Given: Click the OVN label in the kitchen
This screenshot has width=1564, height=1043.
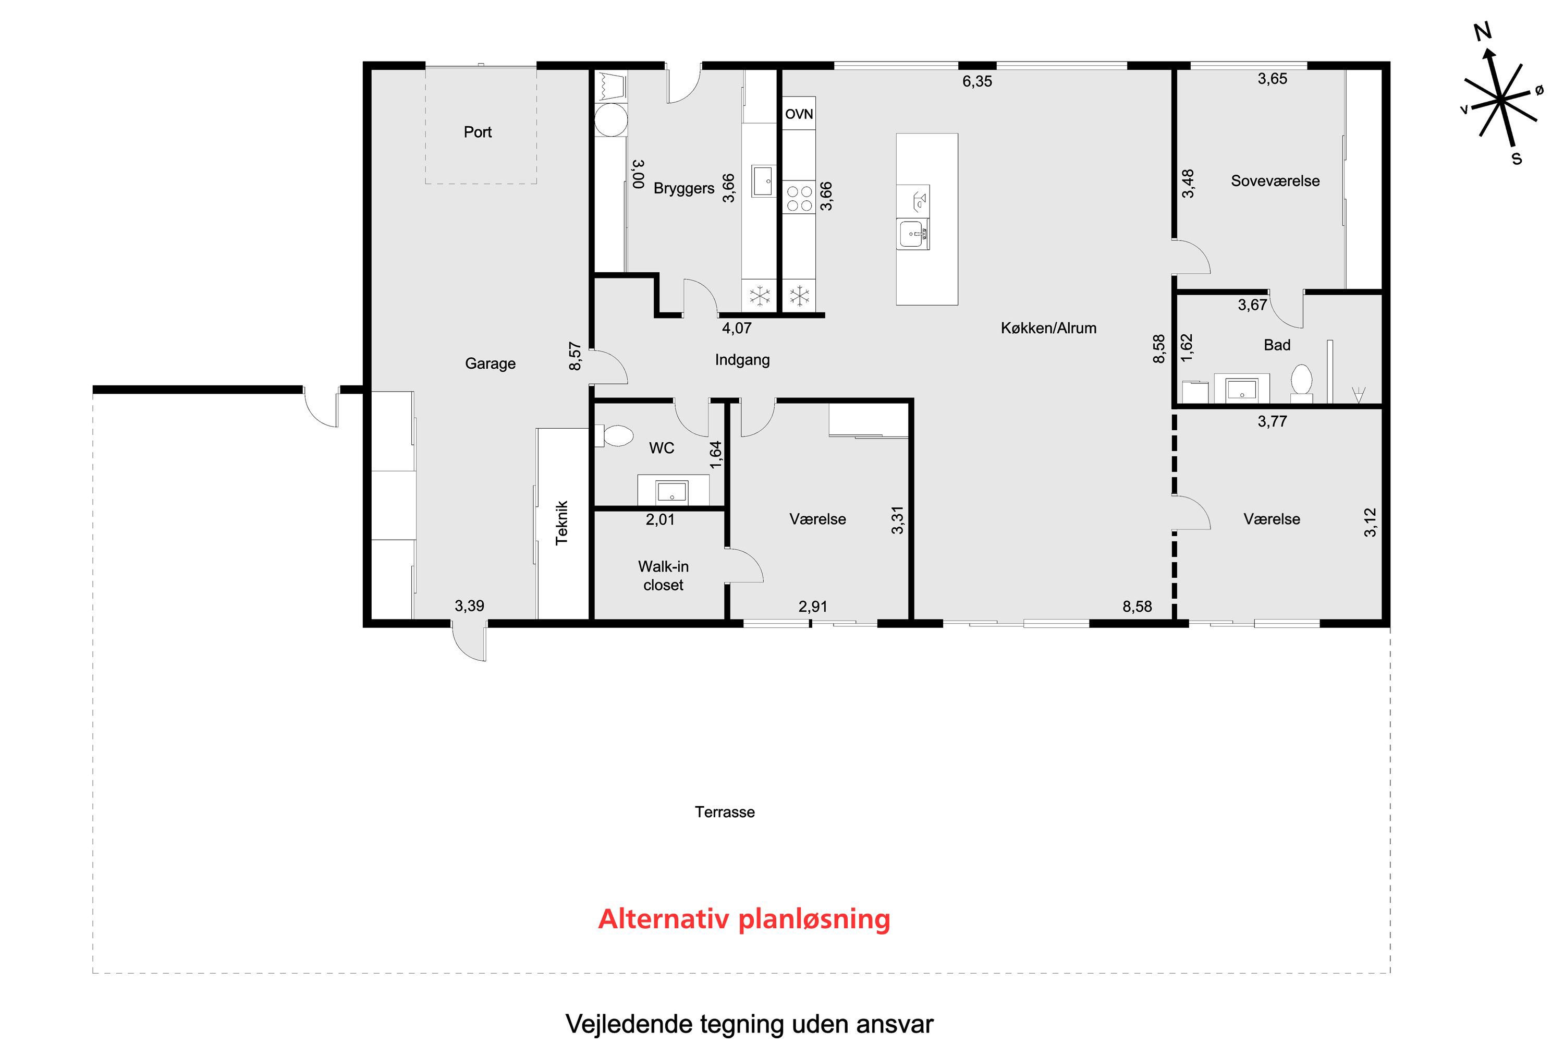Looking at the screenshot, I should click(799, 114).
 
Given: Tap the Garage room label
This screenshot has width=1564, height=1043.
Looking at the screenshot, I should click(490, 363).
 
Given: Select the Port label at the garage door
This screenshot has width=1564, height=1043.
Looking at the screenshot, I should click(478, 132).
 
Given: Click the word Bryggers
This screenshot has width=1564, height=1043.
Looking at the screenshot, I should click(683, 188).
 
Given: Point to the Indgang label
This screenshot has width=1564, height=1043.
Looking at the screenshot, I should click(742, 360).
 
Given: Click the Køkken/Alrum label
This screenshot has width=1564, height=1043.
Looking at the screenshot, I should click(1048, 328).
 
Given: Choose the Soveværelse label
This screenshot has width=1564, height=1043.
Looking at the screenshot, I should click(1275, 181).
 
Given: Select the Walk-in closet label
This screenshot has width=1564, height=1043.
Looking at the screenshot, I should click(663, 575).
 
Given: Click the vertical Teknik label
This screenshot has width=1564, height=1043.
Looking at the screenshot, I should click(562, 523).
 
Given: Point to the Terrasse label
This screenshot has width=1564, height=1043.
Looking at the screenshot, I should click(724, 812).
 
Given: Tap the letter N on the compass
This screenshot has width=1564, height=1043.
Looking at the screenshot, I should click(1482, 31).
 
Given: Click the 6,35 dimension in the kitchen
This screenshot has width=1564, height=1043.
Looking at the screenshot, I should click(977, 81).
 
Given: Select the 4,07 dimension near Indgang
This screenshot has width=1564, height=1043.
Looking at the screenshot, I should click(737, 328).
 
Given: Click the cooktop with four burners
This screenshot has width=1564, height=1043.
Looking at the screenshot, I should click(799, 198).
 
